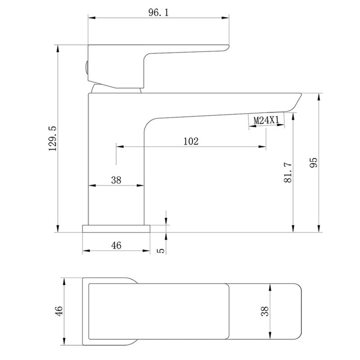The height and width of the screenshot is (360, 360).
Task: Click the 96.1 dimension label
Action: pos(158,12)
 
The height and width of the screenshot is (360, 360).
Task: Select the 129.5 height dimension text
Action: pos(53,139)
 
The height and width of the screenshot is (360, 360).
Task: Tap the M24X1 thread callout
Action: pos(266,120)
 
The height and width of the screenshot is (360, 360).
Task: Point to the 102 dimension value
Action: pos(191,141)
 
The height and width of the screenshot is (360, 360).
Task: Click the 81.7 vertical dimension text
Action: pos(288,172)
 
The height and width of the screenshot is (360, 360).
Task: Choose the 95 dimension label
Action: pos(313,162)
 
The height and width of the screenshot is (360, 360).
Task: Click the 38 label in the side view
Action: pos(116,180)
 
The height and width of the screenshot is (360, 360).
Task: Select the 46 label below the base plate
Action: pos(116,245)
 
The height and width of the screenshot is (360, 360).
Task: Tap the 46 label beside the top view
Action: pos(59,311)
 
